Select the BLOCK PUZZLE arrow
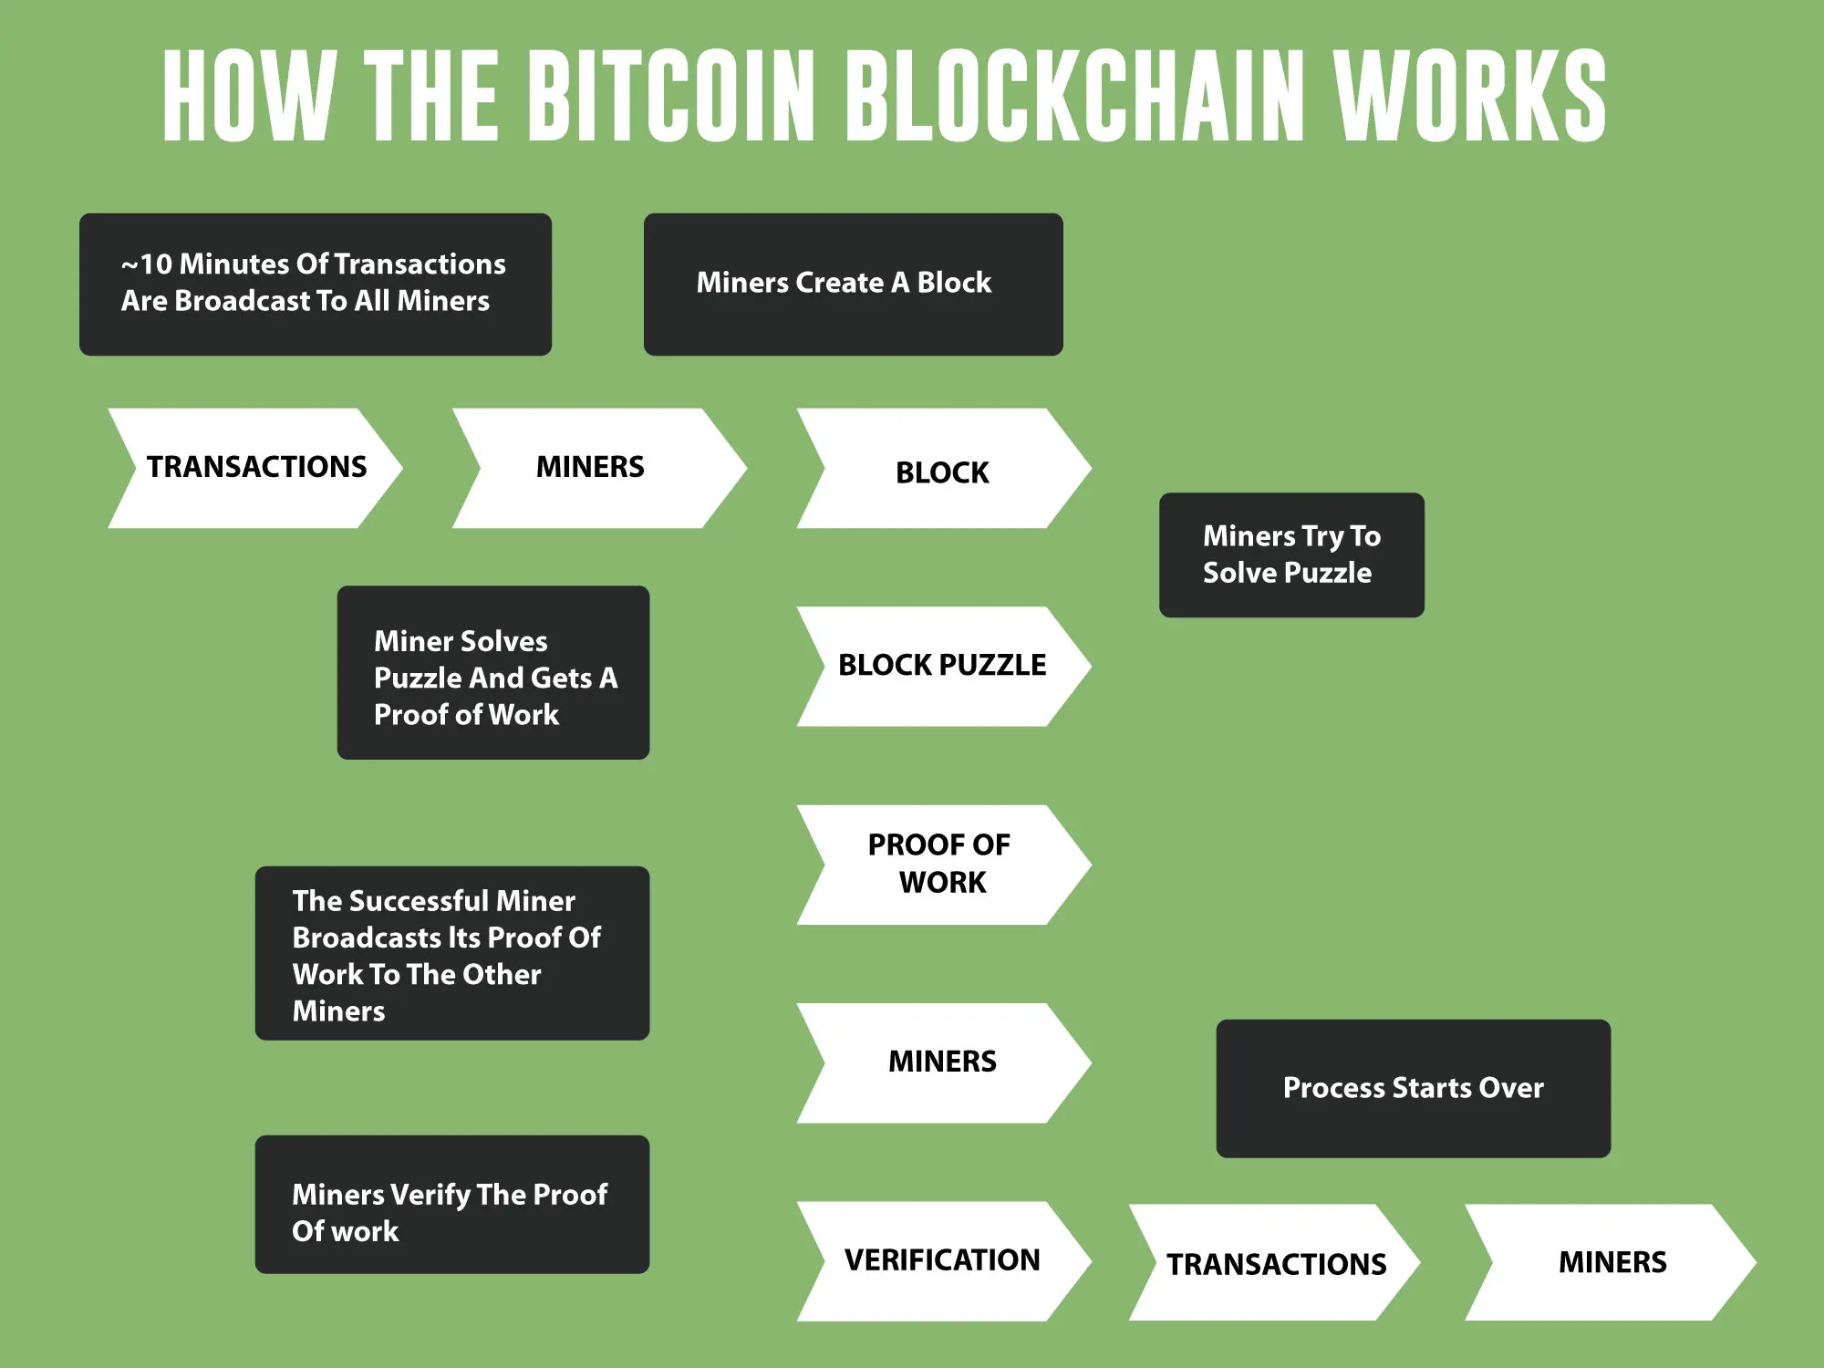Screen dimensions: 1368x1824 pyautogui.click(x=942, y=666)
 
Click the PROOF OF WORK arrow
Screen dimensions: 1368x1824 pyautogui.click(x=942, y=864)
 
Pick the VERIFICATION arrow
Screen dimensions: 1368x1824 pyautogui.click(x=942, y=1260)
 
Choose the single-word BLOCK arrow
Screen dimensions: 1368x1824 pyautogui.click(x=942, y=470)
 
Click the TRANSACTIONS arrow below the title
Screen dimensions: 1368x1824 pyautogui.click(x=255, y=468)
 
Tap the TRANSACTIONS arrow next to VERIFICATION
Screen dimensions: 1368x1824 pyautogui.click(x=1275, y=1263)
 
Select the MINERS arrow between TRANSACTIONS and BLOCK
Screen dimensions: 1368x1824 pyautogui.click(x=591, y=468)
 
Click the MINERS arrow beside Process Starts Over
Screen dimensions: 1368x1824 pyautogui.click(x=942, y=1062)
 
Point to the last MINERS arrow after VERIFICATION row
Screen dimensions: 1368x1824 pyautogui.click(x=1612, y=1262)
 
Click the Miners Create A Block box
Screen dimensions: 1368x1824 pyautogui.click(x=853, y=284)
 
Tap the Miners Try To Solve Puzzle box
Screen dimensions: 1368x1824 pyautogui.click(x=1290, y=554)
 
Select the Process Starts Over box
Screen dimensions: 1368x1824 pyautogui.click(x=1413, y=1088)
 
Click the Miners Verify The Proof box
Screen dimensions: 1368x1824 pyautogui.click(x=451, y=1204)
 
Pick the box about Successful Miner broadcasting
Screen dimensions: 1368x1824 pyautogui.click(x=451, y=953)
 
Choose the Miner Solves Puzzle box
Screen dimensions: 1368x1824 pyautogui.click(x=492, y=672)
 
